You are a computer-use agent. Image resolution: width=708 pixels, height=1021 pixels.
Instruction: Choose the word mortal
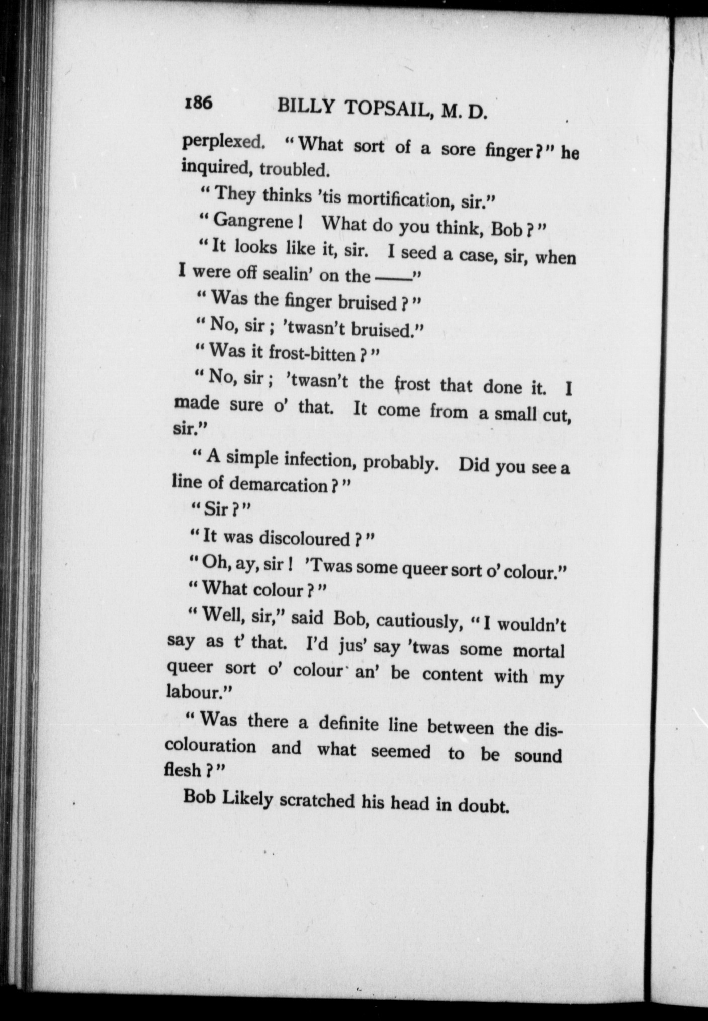point(539,651)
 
